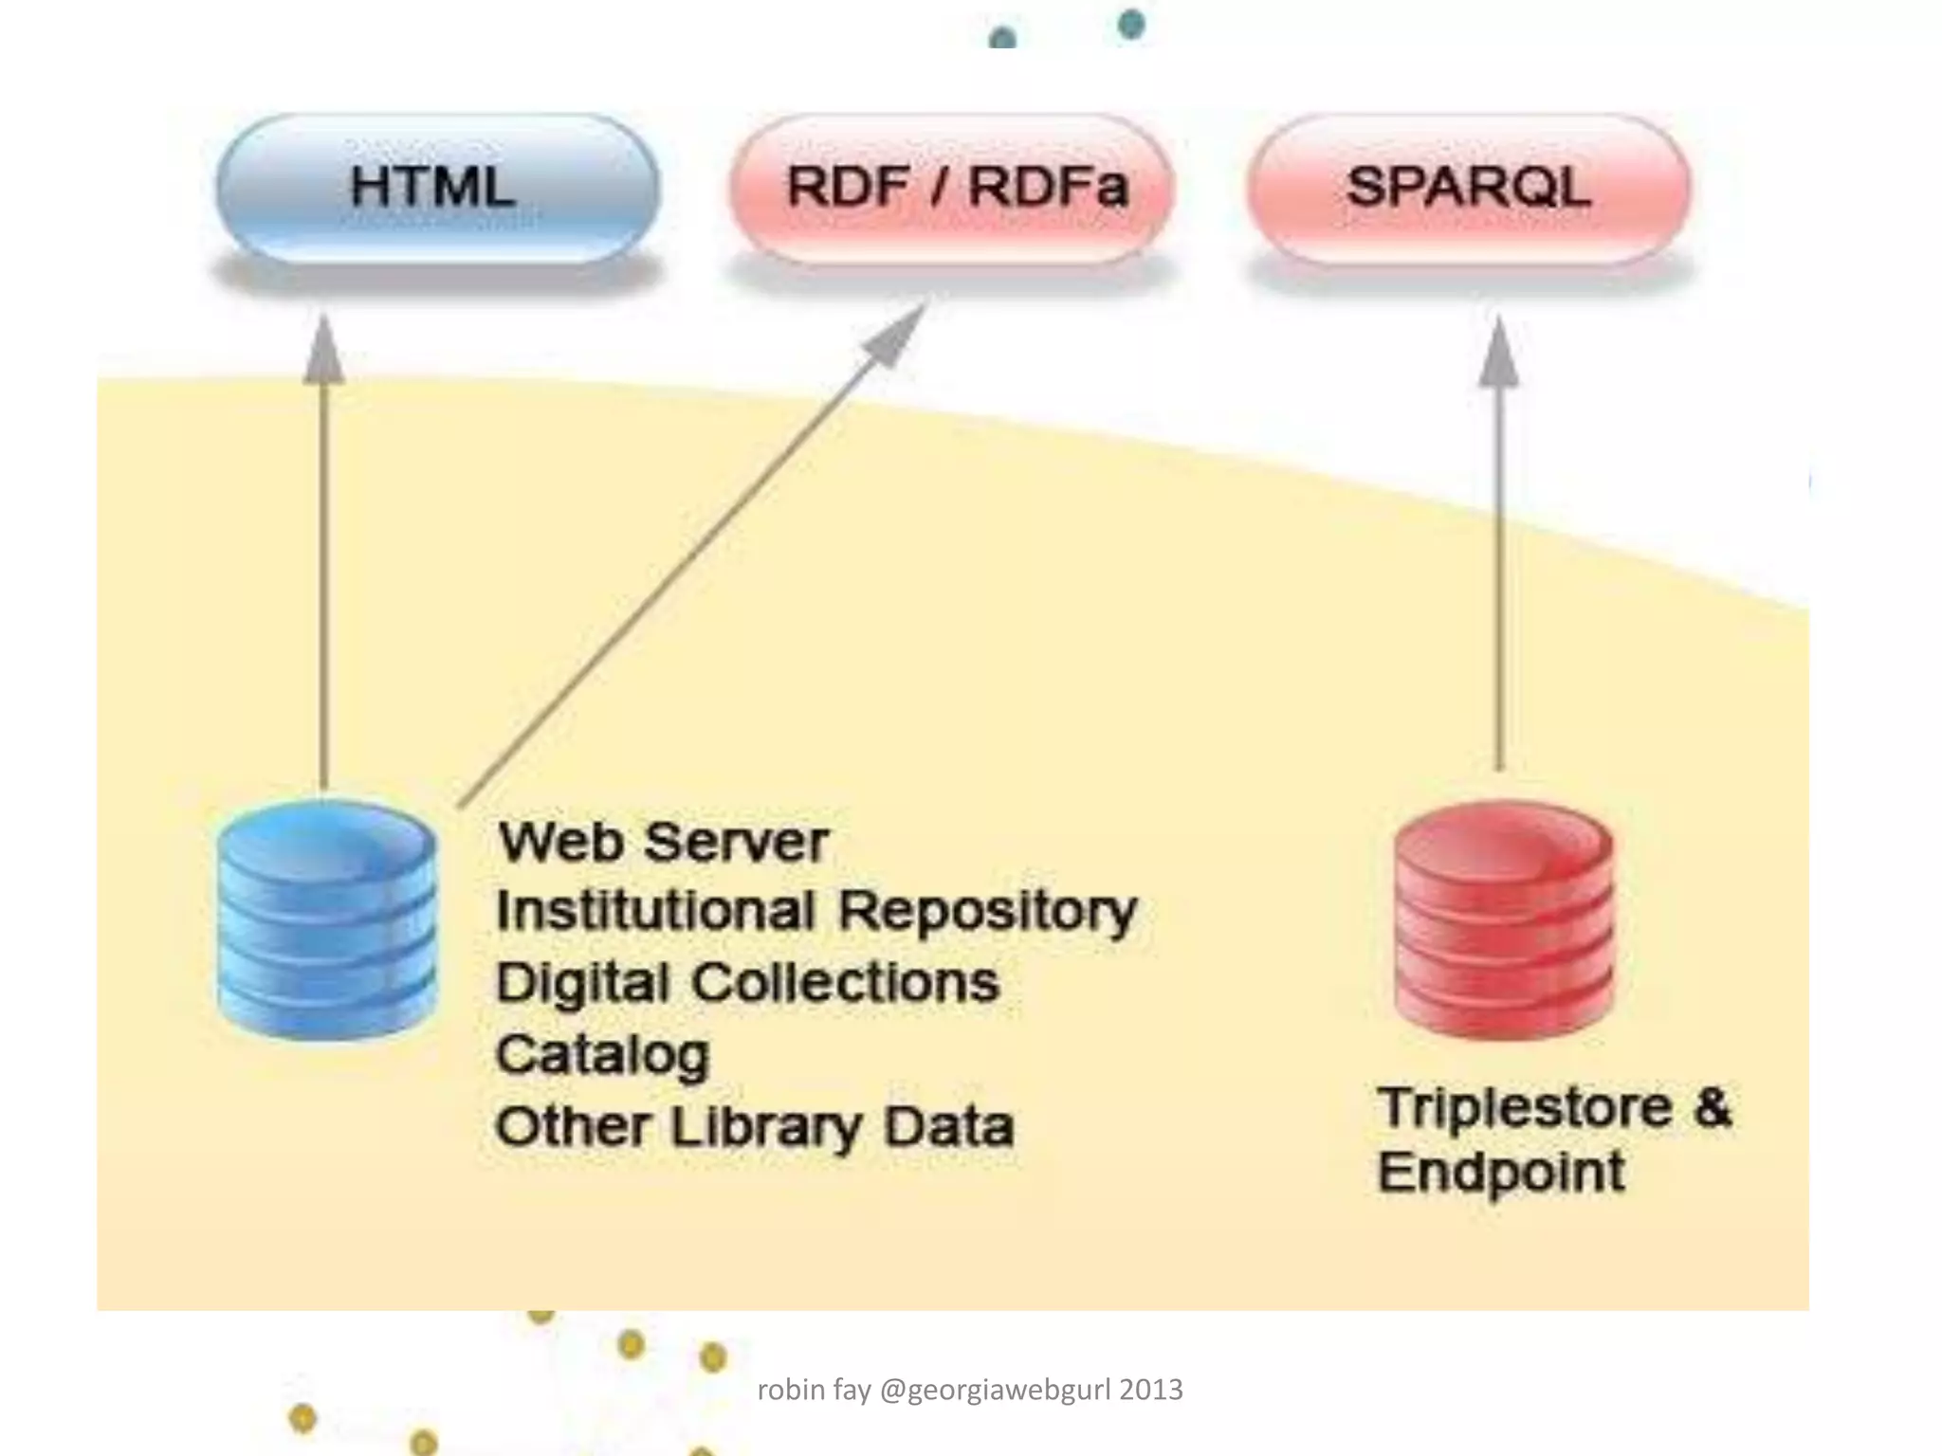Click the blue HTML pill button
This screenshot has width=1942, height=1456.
pyautogui.click(x=436, y=188)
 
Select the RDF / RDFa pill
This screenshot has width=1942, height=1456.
pyautogui.click(x=952, y=188)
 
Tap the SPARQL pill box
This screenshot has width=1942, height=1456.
pyautogui.click(x=1468, y=188)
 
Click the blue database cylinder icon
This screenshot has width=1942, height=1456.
pyautogui.click(x=327, y=919)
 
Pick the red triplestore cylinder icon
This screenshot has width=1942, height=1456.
pyautogui.click(x=1504, y=919)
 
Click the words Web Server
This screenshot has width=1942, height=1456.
pyautogui.click(x=664, y=842)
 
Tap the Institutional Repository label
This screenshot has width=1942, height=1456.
pyautogui.click(x=815, y=912)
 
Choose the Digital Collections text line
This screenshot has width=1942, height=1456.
pyautogui.click(x=747, y=983)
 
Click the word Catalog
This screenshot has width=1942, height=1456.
pyautogui.click(x=602, y=1055)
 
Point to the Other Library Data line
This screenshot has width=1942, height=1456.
pyautogui.click(x=754, y=1127)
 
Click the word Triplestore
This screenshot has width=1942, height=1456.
pyautogui.click(x=1525, y=1107)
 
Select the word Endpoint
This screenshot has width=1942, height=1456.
pyautogui.click(x=1501, y=1174)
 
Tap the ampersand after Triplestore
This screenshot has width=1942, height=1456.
pyautogui.click(x=1713, y=1107)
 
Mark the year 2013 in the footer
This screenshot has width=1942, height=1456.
pyautogui.click(x=1151, y=1390)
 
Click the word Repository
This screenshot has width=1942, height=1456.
pyautogui.click(x=987, y=912)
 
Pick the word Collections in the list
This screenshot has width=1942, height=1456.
pyautogui.click(x=845, y=983)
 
